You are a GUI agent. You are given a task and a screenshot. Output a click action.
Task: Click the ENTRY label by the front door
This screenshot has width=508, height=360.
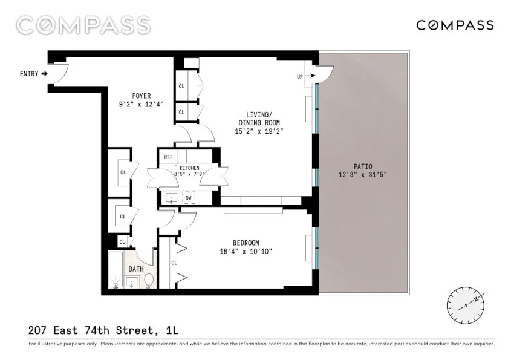tap(29, 74)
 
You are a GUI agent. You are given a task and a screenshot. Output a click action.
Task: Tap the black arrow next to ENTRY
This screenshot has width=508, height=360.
tap(44, 74)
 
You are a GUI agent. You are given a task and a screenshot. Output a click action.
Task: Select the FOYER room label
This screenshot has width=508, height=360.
tap(142, 96)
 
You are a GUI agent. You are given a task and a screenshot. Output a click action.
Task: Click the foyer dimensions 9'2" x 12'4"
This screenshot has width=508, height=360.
tap(142, 104)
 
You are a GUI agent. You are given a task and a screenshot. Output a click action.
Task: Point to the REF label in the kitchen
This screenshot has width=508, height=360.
tap(168, 157)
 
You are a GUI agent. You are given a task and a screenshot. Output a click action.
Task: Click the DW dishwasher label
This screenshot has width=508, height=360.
tap(189, 198)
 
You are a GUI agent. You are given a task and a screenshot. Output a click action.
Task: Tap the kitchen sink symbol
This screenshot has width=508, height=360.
tap(171, 198)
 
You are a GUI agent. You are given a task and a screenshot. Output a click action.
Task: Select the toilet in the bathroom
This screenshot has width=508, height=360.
tap(149, 281)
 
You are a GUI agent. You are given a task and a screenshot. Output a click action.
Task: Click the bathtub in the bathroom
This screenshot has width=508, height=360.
tap(116, 270)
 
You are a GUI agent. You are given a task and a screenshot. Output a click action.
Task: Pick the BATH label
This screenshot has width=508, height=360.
tap(136, 269)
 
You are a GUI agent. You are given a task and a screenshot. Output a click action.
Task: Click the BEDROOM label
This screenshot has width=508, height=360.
tap(246, 243)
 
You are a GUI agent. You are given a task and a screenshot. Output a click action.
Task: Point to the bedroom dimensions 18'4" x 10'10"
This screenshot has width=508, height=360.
tap(246, 251)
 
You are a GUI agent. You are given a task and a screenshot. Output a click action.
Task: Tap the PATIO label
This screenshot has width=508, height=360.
tap(363, 166)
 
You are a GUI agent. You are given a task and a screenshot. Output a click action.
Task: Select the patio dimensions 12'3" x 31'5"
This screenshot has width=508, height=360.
tap(363, 175)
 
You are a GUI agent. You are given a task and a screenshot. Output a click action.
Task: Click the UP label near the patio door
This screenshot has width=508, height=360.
tap(300, 77)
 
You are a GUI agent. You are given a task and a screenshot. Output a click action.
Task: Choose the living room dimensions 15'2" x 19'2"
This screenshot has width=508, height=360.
tap(259, 131)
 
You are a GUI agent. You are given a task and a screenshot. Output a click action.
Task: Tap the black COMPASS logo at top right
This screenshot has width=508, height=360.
tap(455, 25)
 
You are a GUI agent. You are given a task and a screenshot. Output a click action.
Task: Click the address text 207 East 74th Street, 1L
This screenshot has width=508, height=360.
tap(103, 330)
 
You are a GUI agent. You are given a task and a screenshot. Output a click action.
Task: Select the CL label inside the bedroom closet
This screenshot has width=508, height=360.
tap(174, 263)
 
